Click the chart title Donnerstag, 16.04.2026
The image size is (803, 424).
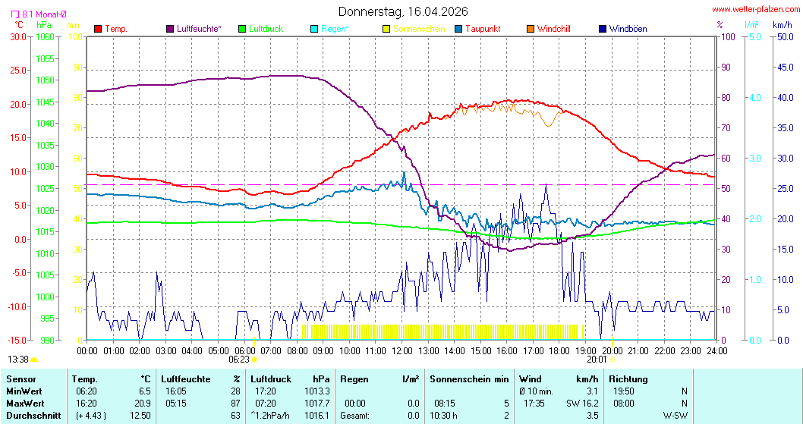(x=402, y=11)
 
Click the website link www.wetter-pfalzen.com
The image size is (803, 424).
(x=755, y=9)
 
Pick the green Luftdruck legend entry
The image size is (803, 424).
(x=264, y=29)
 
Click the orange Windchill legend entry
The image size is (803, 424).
(x=553, y=29)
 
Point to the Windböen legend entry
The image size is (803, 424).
(x=628, y=29)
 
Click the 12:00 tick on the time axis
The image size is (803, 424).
(x=401, y=350)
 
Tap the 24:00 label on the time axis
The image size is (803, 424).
(x=716, y=350)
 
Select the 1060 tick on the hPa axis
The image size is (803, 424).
(x=45, y=36)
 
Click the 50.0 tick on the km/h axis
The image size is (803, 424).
(x=784, y=36)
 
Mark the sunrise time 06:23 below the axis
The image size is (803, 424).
(x=239, y=360)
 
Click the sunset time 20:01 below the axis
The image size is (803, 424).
(x=597, y=360)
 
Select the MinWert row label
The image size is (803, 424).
(x=24, y=391)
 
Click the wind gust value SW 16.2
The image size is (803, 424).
(x=582, y=404)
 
